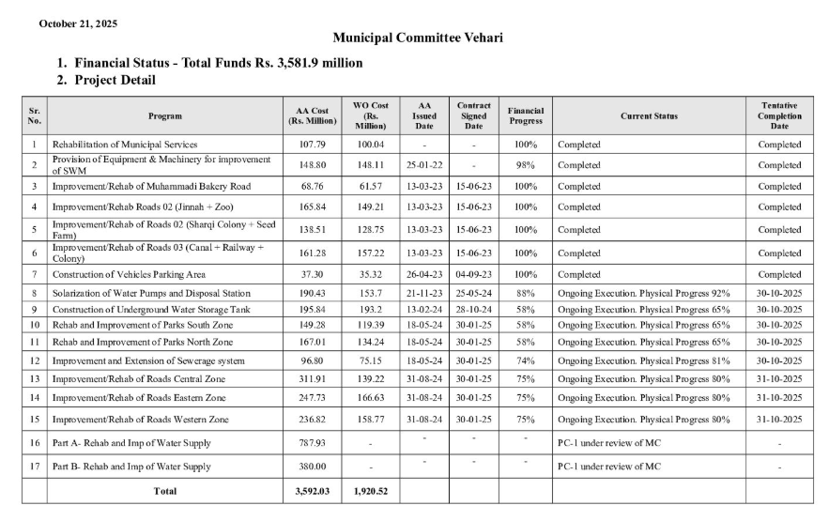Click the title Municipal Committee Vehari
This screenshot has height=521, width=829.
pyautogui.click(x=417, y=38)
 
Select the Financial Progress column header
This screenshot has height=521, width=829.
pyautogui.click(x=526, y=115)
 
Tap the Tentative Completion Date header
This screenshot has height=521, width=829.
pyautogui.click(x=779, y=115)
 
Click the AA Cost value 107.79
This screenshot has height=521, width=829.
pyautogui.click(x=311, y=145)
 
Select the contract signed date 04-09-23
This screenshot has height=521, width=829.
pyautogui.click(x=473, y=274)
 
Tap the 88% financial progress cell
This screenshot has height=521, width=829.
pyautogui.click(x=526, y=293)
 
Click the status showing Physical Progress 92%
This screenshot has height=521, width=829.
pyautogui.click(x=643, y=293)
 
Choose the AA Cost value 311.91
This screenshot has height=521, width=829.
pyautogui.click(x=311, y=378)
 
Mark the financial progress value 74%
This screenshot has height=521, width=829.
pyautogui.click(x=526, y=360)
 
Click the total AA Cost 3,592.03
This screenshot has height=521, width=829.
pyautogui.click(x=311, y=491)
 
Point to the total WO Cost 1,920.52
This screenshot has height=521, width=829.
pyautogui.click(x=371, y=491)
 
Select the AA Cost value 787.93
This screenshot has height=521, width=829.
pyautogui.click(x=311, y=443)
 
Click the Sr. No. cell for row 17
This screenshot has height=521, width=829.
pyautogui.click(x=34, y=467)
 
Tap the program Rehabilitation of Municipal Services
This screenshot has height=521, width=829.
pyautogui.click(x=125, y=145)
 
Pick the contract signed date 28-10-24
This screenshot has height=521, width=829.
pyautogui.click(x=473, y=309)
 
